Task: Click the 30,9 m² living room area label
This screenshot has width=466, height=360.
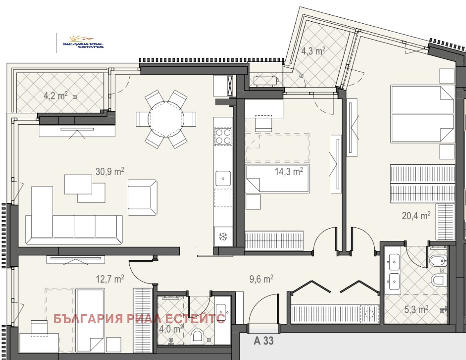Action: click(110, 171)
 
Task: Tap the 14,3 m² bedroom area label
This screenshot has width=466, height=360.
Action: click(289, 171)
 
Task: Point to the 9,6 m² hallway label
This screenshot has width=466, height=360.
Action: click(261, 279)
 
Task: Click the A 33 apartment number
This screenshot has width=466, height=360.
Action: click(264, 340)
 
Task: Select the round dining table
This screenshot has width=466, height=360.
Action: click(166, 119)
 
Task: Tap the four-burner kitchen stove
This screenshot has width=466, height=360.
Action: click(223, 136)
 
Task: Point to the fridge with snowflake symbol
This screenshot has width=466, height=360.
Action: click(223, 236)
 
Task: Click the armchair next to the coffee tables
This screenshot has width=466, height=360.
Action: click(142, 197)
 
